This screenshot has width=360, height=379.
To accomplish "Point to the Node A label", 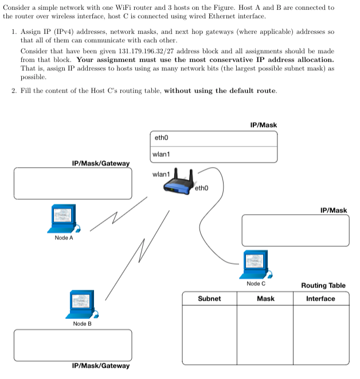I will click(64, 238).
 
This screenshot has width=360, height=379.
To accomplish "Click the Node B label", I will click(82, 324).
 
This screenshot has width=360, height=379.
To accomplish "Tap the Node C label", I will click(256, 284).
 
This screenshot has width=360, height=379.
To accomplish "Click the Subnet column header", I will click(209, 299).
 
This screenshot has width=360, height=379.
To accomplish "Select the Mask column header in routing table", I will click(265, 299).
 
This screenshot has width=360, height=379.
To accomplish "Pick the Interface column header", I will click(320, 299).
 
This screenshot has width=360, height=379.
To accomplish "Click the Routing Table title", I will click(323, 286).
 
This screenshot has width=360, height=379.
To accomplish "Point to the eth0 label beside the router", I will click(202, 187).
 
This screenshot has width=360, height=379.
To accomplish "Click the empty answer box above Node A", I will click(72, 183).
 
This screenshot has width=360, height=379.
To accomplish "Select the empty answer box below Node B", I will click(72, 345).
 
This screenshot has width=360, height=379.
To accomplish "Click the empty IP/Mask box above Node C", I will click(295, 230).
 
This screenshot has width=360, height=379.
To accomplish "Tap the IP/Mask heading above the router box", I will click(264, 125).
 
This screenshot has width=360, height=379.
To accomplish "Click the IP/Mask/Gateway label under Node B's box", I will click(101, 366).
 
